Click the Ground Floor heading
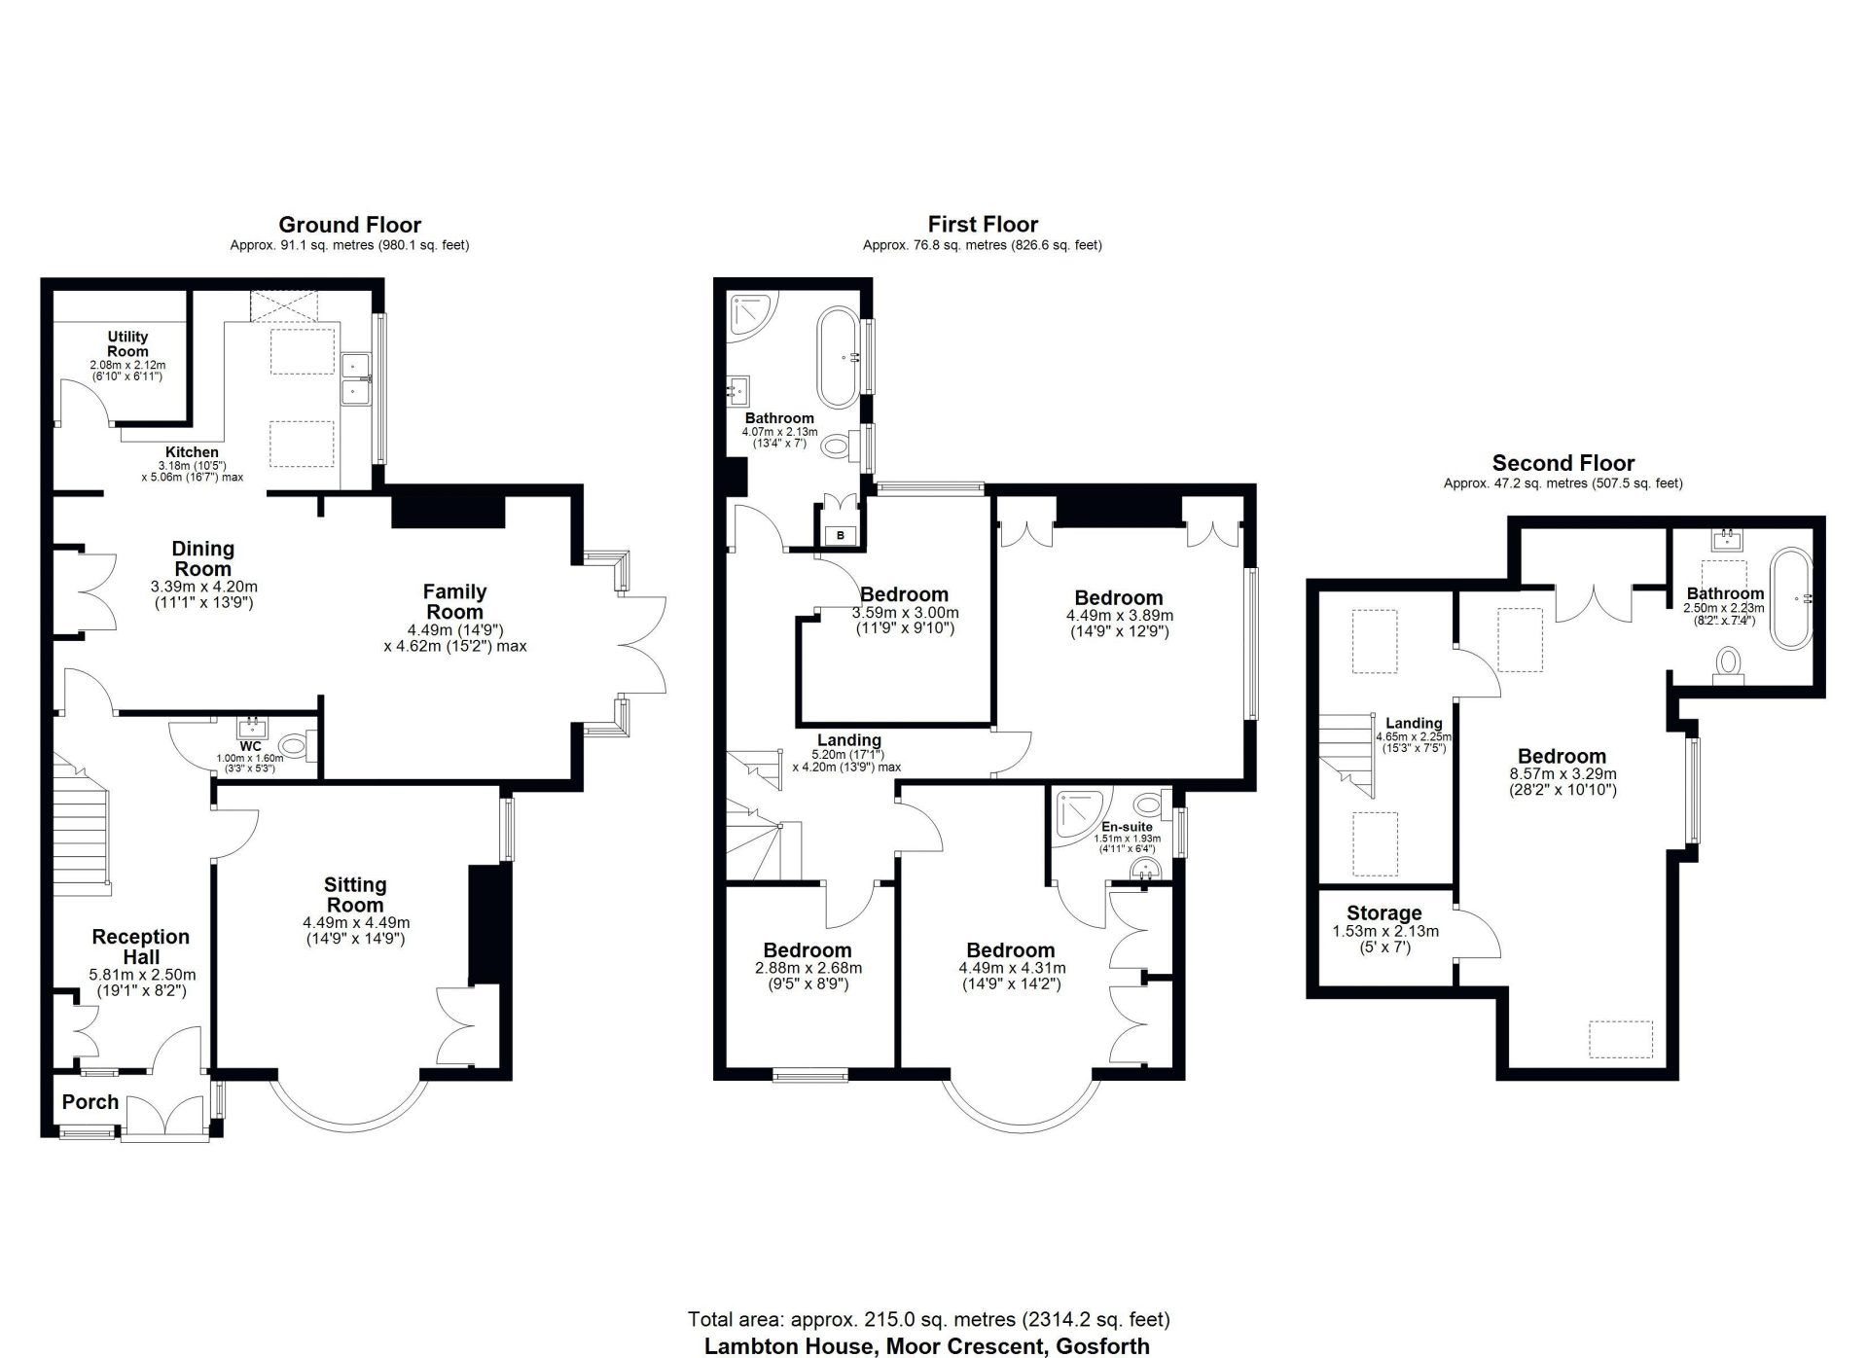(x=349, y=226)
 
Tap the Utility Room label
(x=127, y=344)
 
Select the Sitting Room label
(x=355, y=895)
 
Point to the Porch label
(x=90, y=1102)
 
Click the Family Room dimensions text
(x=454, y=636)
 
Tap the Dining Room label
(x=203, y=558)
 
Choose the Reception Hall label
(x=141, y=947)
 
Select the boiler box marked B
(x=841, y=535)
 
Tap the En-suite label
(x=1127, y=827)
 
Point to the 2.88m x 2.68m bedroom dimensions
(x=808, y=976)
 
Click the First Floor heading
(x=983, y=226)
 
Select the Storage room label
(x=1384, y=913)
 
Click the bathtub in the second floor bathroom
(x=1791, y=599)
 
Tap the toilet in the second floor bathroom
(x=1729, y=665)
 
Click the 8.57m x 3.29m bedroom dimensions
(x=1563, y=782)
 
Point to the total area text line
(x=928, y=1320)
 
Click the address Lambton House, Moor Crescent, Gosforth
(x=927, y=1346)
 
